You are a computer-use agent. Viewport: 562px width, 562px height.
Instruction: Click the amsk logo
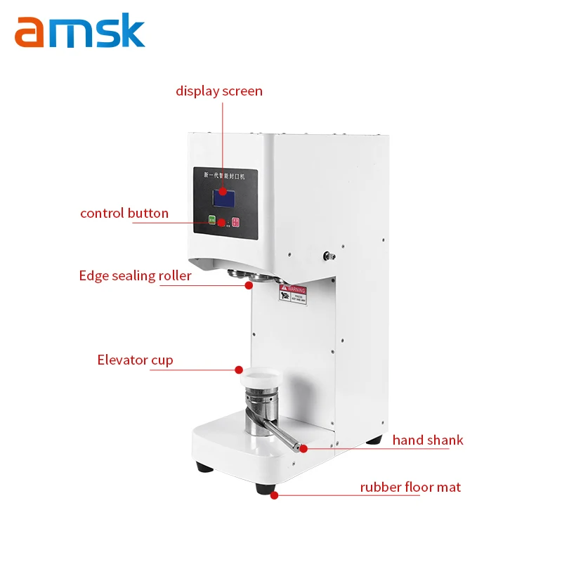pyautogui.click(x=79, y=32)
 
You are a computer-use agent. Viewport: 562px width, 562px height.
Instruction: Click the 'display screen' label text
pyautogui.click(x=218, y=91)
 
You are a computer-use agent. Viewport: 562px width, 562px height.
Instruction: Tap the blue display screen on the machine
pyautogui.click(x=223, y=197)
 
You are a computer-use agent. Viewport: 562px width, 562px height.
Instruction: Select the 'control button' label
pyautogui.click(x=124, y=213)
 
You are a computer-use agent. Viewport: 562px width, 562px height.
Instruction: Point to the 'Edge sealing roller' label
pyautogui.click(x=135, y=275)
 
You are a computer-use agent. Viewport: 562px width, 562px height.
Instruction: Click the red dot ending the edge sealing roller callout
pyautogui.click(x=249, y=285)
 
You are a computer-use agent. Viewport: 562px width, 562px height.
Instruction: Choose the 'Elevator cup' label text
pyautogui.click(x=135, y=360)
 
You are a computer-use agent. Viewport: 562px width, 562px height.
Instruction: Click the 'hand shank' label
pyautogui.click(x=428, y=440)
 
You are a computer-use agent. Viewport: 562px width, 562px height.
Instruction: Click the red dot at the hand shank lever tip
pyautogui.click(x=303, y=447)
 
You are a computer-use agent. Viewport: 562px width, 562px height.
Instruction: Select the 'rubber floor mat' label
pyautogui.click(x=410, y=487)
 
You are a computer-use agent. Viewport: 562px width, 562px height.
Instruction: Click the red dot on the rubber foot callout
pyautogui.click(x=274, y=495)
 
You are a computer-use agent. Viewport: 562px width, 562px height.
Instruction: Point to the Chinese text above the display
pyautogui.click(x=223, y=174)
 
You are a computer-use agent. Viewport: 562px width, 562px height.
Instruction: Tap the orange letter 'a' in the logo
pyautogui.click(x=32, y=34)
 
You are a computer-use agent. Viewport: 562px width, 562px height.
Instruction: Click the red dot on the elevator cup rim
pyautogui.click(x=239, y=370)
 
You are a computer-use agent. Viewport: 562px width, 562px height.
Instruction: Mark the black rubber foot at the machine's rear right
pyautogui.click(x=374, y=440)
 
